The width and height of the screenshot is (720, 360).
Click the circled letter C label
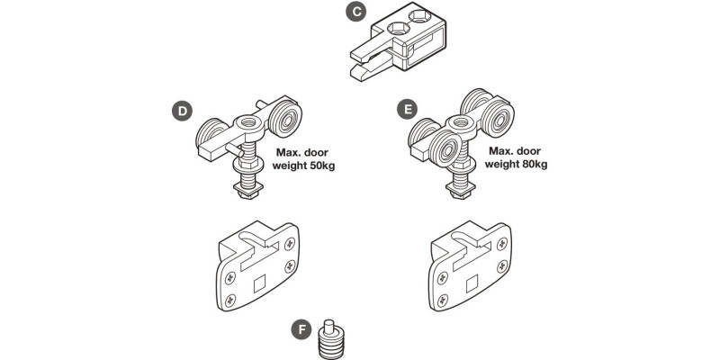coord(355,13)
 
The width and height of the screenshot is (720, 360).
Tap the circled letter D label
coord(181,111)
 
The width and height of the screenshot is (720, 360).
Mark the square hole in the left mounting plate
coord(257,287)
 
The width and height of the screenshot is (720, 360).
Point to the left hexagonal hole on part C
coord(394,31)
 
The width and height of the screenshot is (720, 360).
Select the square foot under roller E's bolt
coord(460,188)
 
